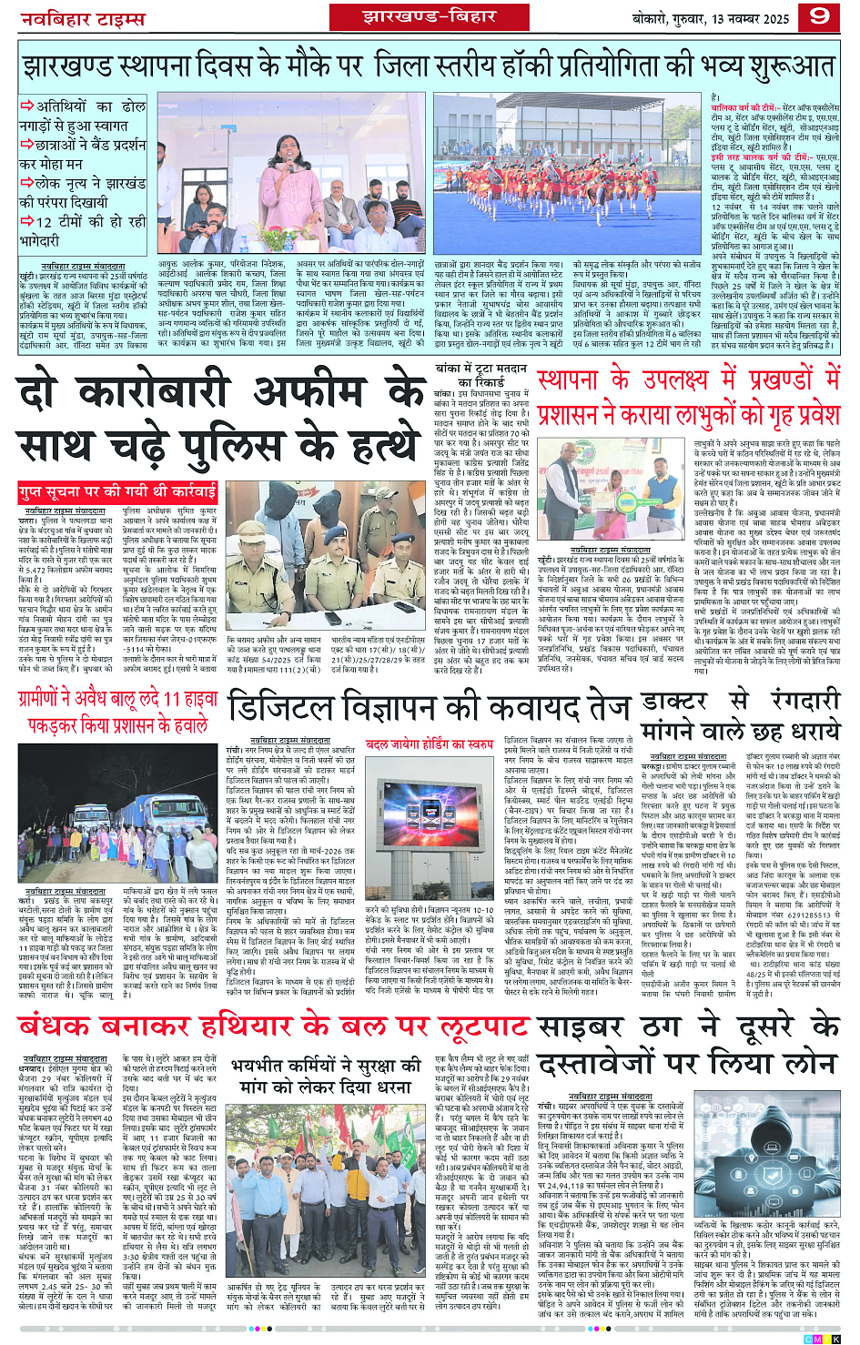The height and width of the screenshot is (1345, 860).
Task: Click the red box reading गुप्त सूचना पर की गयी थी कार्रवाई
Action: pyautogui.click(x=118, y=492)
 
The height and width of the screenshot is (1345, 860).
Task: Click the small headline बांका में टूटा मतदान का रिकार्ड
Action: pyautogui.click(x=479, y=376)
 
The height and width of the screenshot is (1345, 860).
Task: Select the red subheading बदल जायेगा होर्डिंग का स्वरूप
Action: pyautogui.click(x=430, y=744)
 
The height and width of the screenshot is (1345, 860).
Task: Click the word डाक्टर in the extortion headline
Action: pyautogui.click(x=674, y=702)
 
